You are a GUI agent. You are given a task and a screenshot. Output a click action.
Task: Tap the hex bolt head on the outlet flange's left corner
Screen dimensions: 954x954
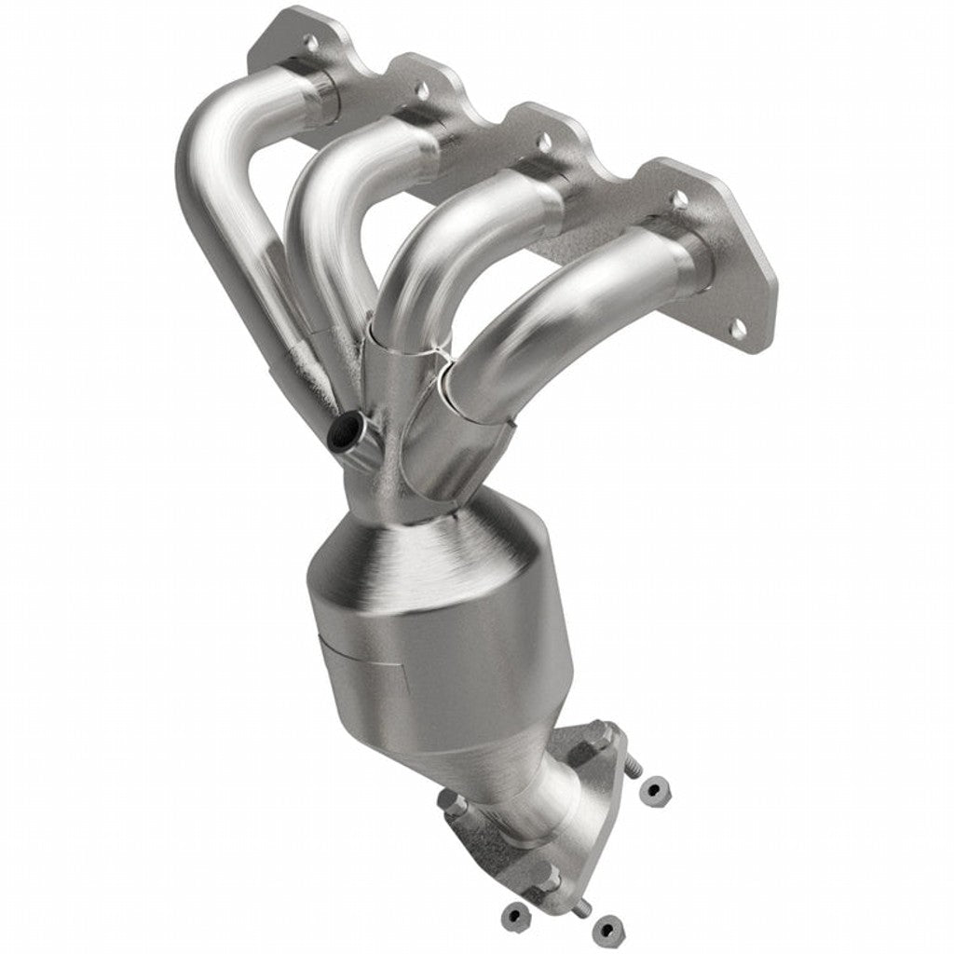pos(448,803)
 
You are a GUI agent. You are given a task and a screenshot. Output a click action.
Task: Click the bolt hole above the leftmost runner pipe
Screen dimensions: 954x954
pos(312,42)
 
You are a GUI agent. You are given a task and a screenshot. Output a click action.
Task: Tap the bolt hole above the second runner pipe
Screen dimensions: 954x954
pos(421,90)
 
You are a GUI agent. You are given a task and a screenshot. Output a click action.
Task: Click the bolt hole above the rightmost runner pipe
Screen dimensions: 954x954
pos(680,198)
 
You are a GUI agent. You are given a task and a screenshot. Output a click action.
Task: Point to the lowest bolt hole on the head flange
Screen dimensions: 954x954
pos(738,327)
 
